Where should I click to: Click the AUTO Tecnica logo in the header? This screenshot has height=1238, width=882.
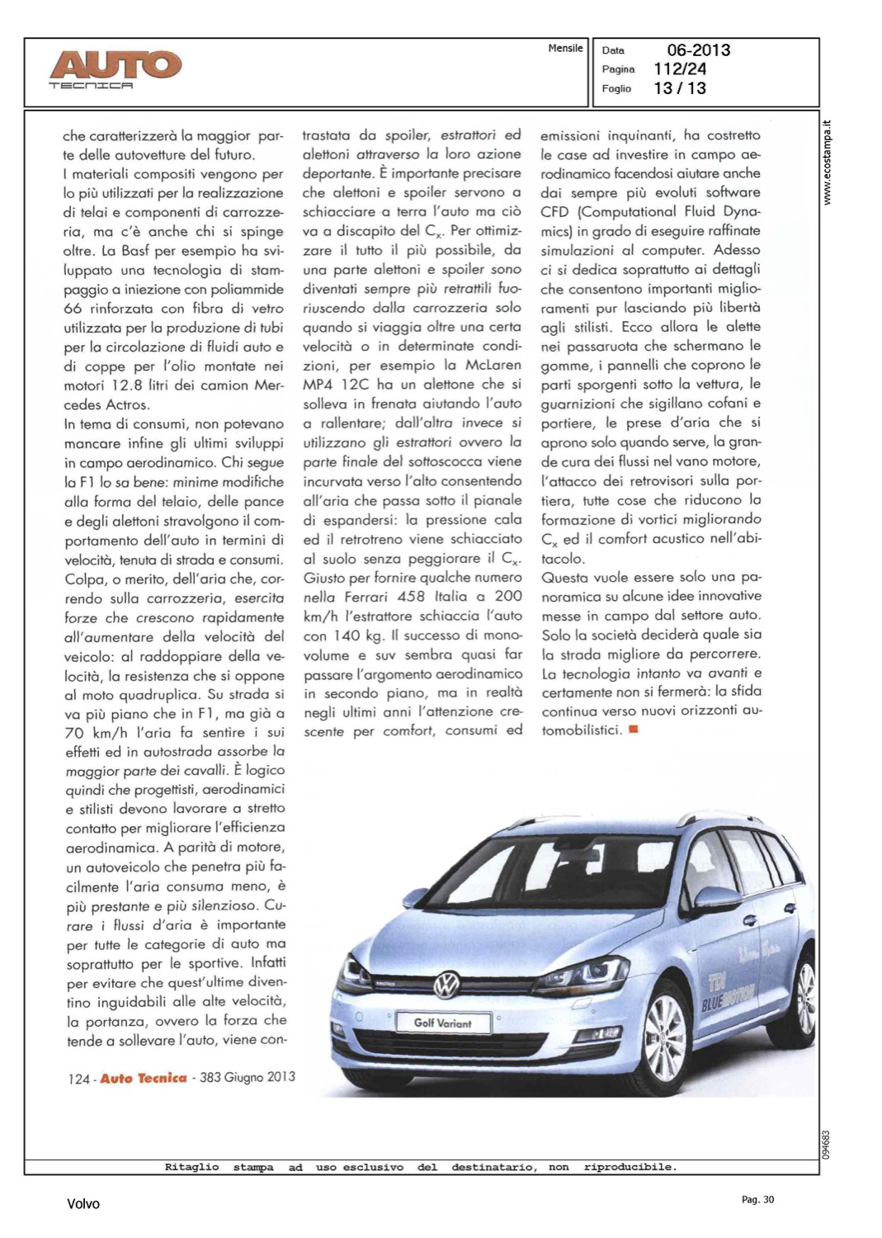pos(115,68)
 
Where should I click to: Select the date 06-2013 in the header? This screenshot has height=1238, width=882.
pos(698,50)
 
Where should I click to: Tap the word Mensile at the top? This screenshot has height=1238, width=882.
pos(565,49)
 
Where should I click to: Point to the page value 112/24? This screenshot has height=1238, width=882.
pos(680,69)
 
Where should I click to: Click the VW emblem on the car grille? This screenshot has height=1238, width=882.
pos(446,983)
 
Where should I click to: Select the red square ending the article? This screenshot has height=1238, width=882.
pos(633,729)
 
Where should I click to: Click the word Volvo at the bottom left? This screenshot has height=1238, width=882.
pos(83,1204)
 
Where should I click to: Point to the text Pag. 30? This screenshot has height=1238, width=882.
pos(757,1200)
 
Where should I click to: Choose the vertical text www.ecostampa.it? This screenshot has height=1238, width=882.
pos(828,163)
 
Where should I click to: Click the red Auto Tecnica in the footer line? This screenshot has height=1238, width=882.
pos(144,1079)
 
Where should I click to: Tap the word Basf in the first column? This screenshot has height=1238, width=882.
pos(135,251)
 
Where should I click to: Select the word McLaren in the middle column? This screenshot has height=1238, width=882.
pos(493,365)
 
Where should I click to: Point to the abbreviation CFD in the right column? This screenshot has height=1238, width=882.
pos(554,212)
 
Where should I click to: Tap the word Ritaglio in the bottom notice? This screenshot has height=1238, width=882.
pos(191,1167)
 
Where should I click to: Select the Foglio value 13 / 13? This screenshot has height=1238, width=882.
pos(680,88)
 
